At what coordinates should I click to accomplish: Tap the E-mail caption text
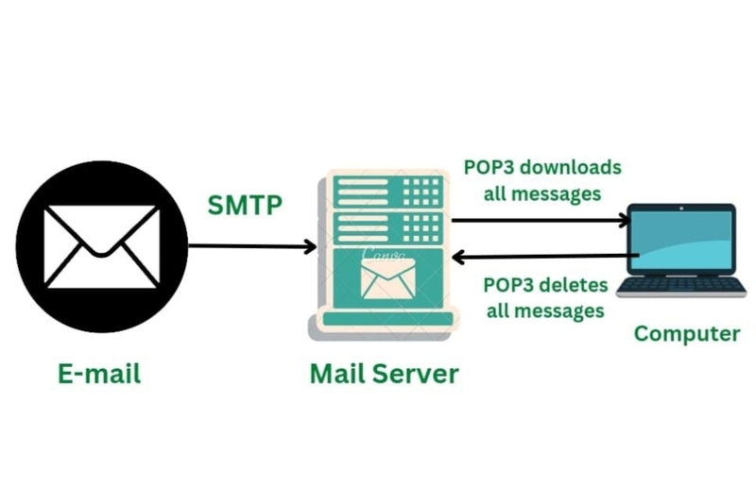tap(99, 374)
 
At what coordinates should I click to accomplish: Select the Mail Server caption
tap(384, 374)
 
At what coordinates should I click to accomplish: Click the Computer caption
tap(686, 333)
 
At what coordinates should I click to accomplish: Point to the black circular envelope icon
tap(102, 246)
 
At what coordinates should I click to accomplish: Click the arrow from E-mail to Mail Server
tap(251, 247)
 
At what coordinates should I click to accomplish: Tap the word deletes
tap(576, 284)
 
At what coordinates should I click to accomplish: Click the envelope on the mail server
tap(387, 277)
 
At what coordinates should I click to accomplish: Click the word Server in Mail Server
tap(415, 374)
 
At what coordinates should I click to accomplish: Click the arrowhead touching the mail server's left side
tap(310, 247)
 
